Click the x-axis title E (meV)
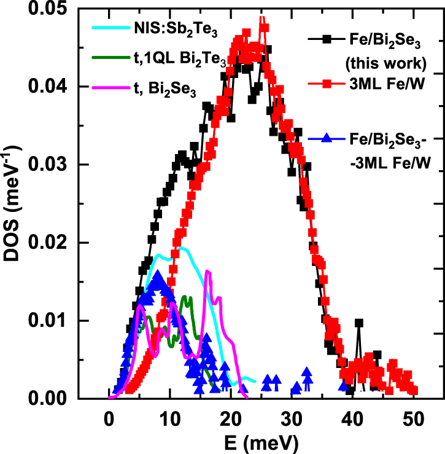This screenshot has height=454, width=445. click(260, 442)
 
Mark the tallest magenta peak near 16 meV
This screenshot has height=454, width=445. click(208, 271)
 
